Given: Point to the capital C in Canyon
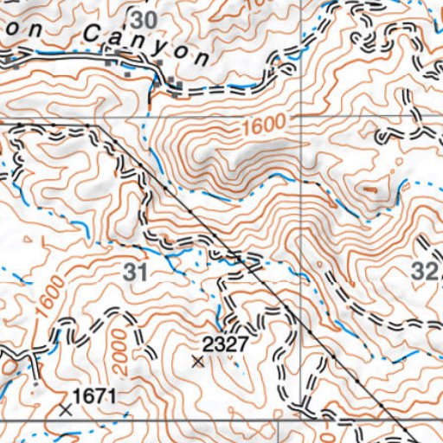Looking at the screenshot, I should click(x=93, y=35).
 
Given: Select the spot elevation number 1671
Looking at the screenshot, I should click(x=93, y=395).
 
